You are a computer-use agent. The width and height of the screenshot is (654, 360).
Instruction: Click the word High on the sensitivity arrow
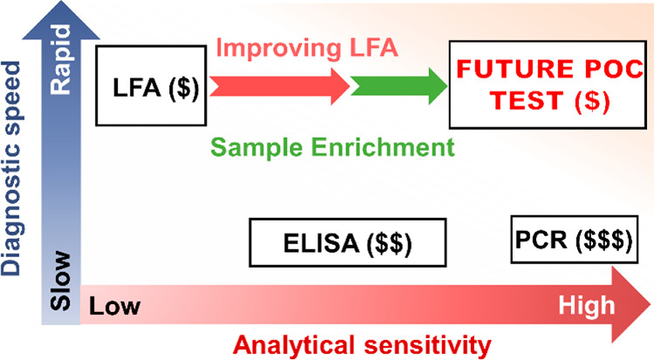[586, 307]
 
